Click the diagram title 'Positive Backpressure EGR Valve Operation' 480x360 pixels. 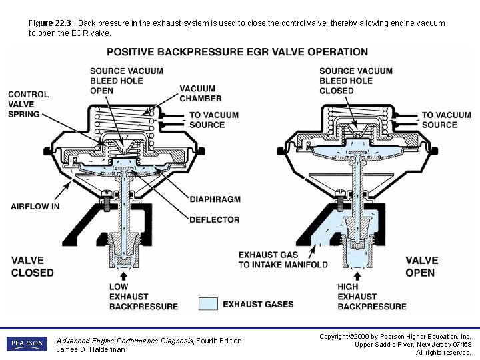(x=237, y=52)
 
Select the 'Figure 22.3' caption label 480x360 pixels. (x=49, y=23)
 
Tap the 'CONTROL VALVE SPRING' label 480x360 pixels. (x=28, y=104)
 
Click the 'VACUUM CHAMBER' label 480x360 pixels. (x=200, y=93)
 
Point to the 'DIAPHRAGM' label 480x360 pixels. (x=215, y=199)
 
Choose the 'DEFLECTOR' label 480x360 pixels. (x=215, y=219)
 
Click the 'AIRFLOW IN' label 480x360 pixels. (x=35, y=207)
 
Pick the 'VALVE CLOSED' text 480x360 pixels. (x=32, y=267)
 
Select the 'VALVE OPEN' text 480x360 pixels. (x=422, y=267)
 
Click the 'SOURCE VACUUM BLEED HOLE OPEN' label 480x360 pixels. (x=126, y=81)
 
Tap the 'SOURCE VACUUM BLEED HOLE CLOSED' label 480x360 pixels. (x=355, y=81)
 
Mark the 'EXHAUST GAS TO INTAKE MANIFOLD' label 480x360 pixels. (x=283, y=259)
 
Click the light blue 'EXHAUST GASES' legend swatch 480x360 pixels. (x=208, y=305)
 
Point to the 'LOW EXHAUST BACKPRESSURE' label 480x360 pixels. (x=143, y=297)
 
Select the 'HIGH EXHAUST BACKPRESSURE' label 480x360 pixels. (x=371, y=297)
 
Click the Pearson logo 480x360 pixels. (x=27, y=344)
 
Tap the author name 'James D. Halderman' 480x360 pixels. (x=91, y=350)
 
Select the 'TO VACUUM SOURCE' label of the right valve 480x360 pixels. (x=446, y=120)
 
